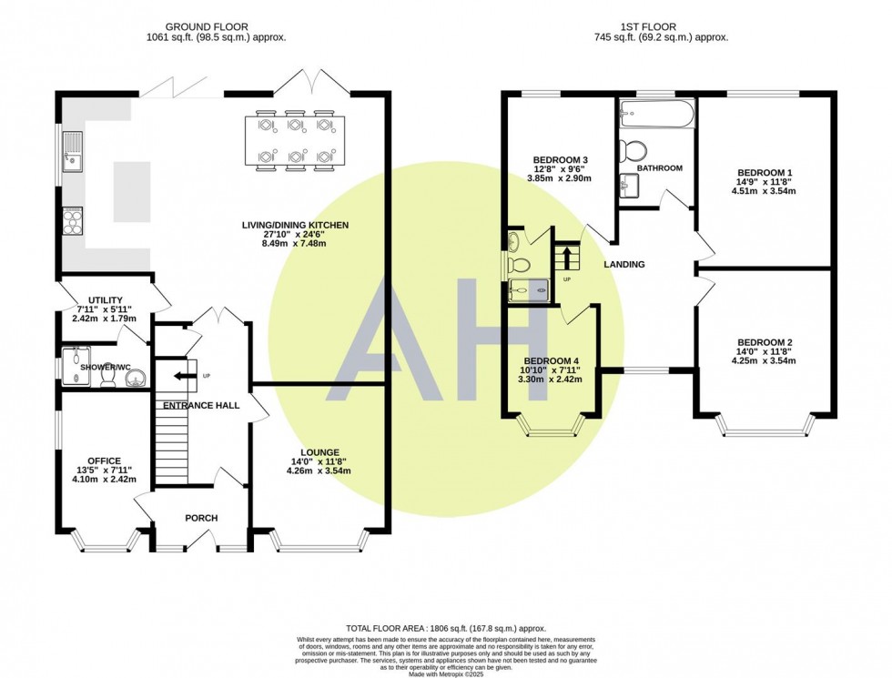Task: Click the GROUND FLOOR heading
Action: pyautogui.click(x=207, y=26)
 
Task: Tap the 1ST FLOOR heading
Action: pyautogui.click(x=656, y=26)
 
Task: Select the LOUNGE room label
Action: pyautogui.click(x=319, y=453)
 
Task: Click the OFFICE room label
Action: pyautogui.click(x=104, y=461)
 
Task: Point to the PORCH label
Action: pyautogui.click(x=201, y=518)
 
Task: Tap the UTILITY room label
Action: pyautogui.click(x=106, y=300)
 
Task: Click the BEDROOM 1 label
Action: pyautogui.click(x=765, y=173)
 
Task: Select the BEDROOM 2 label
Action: pyautogui.click(x=765, y=342)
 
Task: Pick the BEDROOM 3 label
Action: pyautogui.click(x=561, y=160)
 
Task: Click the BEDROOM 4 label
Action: pyautogui.click(x=552, y=361)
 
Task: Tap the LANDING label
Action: pyautogui.click(x=624, y=265)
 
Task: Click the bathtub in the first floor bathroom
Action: pyautogui.click(x=656, y=114)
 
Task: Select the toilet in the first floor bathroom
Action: pyautogui.click(x=633, y=150)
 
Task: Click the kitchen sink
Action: pyautogui.click(x=73, y=152)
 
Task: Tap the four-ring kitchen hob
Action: pyautogui.click(x=73, y=220)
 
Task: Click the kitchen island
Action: pyautogui.click(x=132, y=192)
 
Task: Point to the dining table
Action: pyautogui.click(x=295, y=140)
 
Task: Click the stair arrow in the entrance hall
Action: pyautogui.click(x=183, y=376)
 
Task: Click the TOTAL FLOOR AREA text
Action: pyautogui.click(x=446, y=629)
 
